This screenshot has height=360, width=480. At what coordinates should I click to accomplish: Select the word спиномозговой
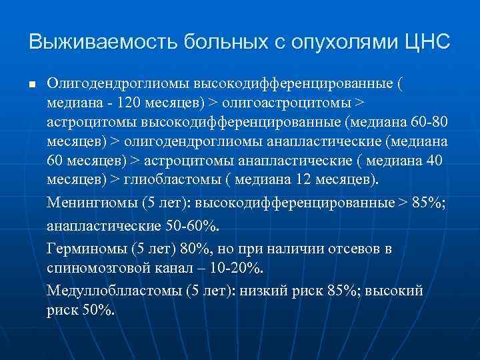[x=92, y=268]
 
